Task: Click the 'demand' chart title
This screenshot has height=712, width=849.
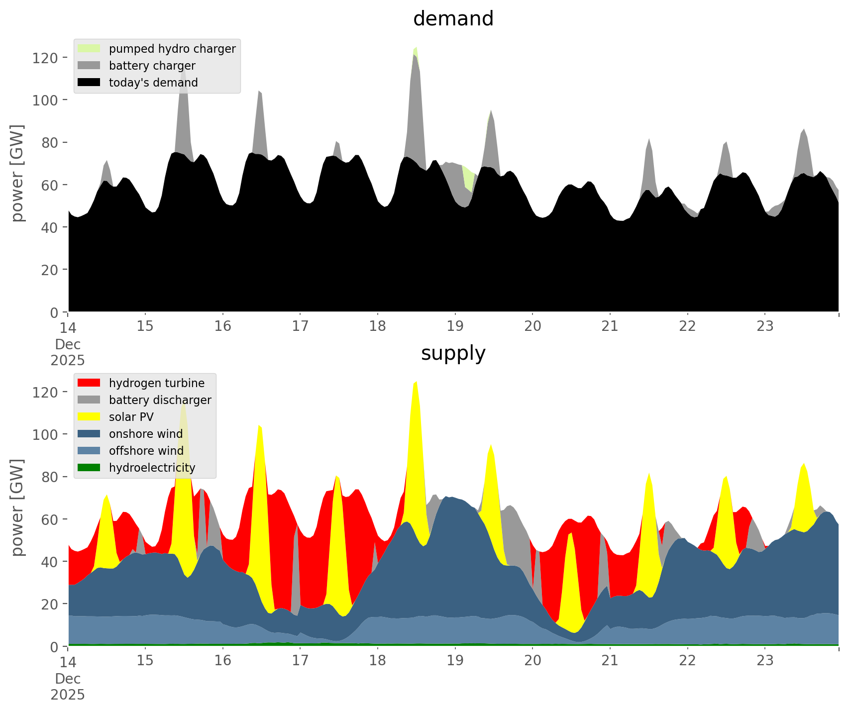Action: (453, 19)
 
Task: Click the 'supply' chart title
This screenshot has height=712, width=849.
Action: (453, 353)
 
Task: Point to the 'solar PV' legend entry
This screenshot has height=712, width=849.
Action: (131, 417)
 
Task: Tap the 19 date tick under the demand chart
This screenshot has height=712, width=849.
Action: (455, 326)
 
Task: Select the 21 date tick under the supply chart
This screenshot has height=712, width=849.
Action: (610, 661)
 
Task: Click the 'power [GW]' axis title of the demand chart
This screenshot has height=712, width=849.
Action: (17, 173)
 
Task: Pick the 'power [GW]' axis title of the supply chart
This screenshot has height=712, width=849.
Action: (17, 508)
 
